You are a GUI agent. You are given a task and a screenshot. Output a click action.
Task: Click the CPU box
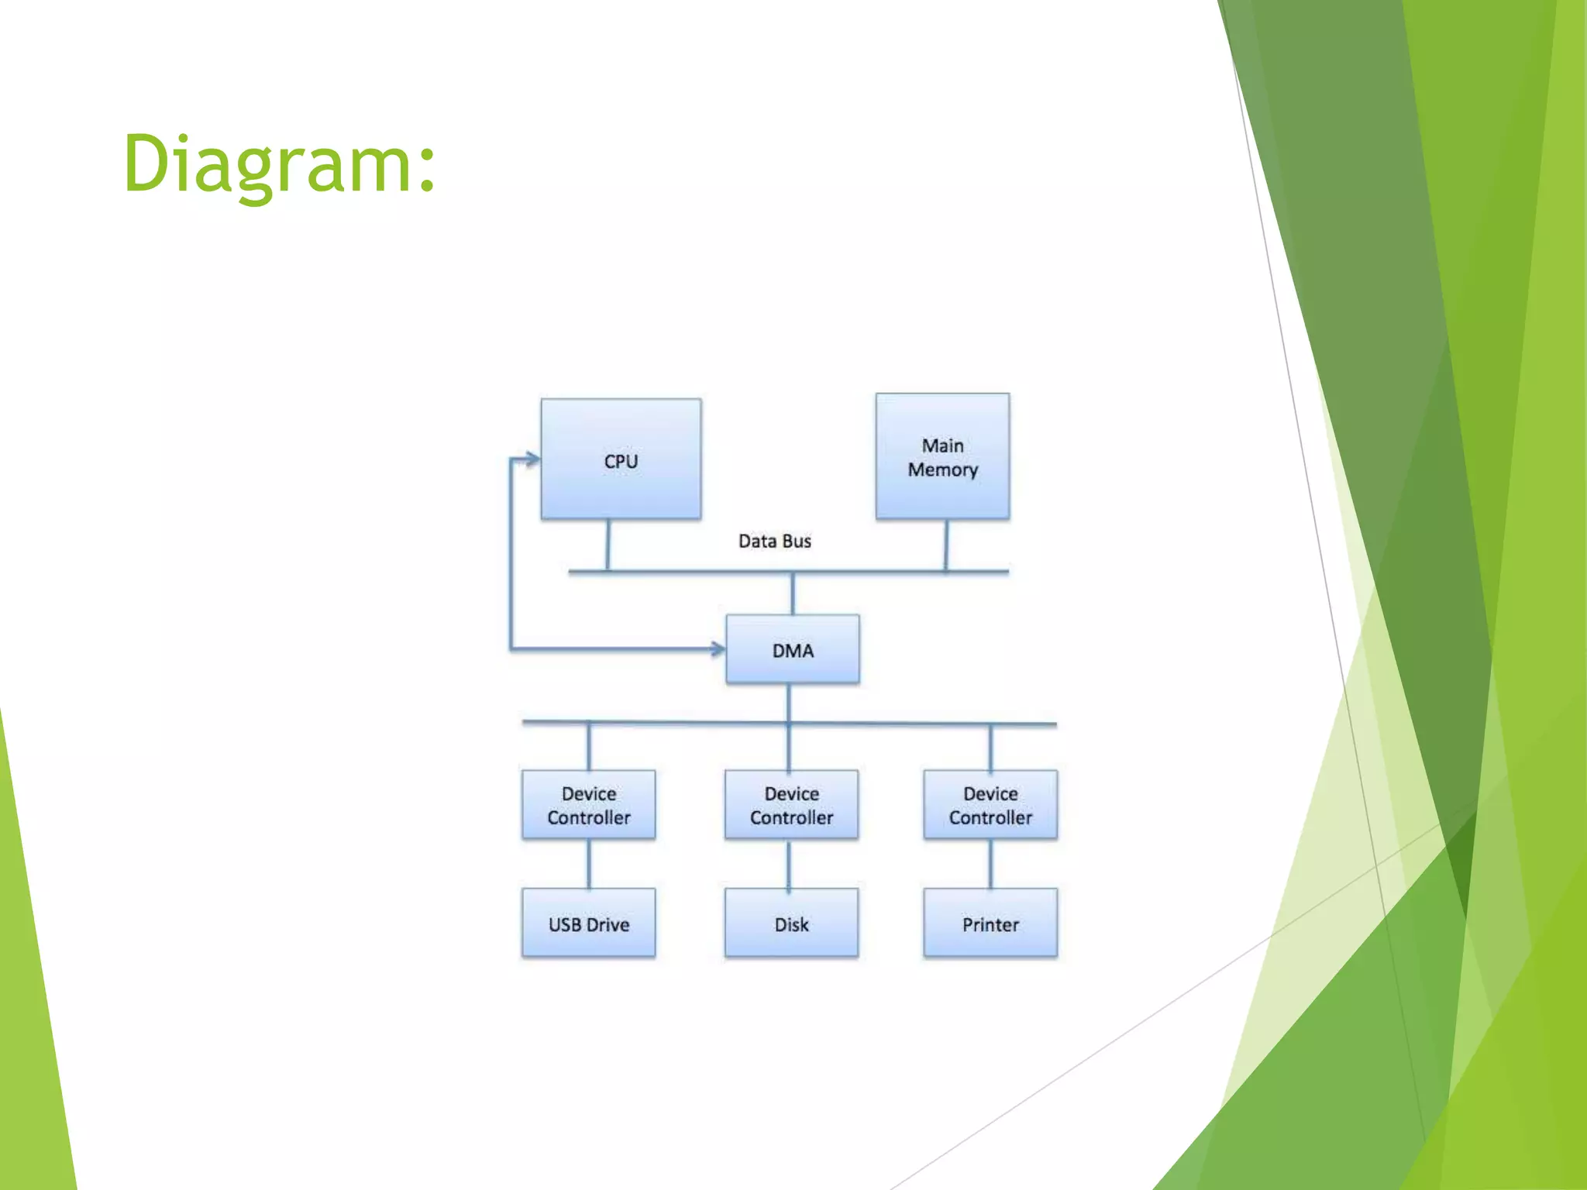(x=621, y=459)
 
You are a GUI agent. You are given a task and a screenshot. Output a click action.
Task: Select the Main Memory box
(x=942, y=456)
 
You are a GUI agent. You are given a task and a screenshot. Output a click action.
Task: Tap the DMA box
(x=792, y=649)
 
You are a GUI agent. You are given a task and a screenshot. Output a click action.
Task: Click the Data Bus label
(x=774, y=541)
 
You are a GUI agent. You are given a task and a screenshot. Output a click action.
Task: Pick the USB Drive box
(x=588, y=923)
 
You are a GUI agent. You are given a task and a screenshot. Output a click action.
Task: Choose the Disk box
(x=791, y=923)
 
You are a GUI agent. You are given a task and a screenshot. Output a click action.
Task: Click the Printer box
(x=990, y=923)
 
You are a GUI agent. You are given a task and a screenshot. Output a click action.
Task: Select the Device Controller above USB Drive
(x=588, y=804)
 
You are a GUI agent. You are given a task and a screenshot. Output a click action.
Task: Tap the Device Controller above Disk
(x=791, y=804)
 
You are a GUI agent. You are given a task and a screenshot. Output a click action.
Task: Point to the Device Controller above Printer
(x=990, y=804)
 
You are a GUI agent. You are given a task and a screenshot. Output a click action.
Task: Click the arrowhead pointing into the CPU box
(x=532, y=459)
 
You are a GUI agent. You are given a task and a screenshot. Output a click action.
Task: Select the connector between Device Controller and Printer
(x=990, y=864)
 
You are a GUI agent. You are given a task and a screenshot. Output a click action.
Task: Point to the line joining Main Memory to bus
(x=946, y=545)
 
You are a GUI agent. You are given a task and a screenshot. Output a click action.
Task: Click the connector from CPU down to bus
(x=608, y=545)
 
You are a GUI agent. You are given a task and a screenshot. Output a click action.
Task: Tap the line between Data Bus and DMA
(x=792, y=593)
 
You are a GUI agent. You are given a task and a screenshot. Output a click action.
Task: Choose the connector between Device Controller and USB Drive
(x=589, y=864)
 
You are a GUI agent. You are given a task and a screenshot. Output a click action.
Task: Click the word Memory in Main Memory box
(x=942, y=469)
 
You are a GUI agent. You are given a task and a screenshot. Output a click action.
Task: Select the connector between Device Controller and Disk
(x=789, y=864)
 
